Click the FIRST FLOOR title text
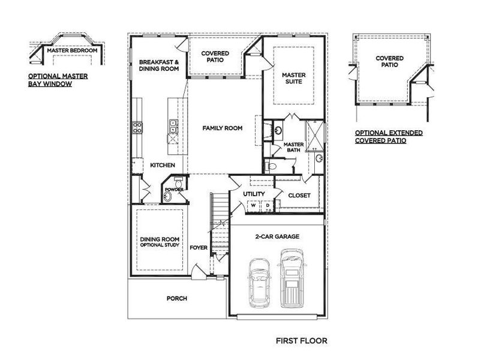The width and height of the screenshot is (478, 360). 301,341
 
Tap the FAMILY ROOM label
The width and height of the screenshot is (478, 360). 222,128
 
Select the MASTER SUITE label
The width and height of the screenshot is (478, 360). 294,79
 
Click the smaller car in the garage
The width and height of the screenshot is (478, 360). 259,281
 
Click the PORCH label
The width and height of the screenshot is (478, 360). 177,298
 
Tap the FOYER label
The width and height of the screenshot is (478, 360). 198,247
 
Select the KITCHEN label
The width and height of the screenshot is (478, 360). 162,165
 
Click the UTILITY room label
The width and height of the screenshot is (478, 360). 254,194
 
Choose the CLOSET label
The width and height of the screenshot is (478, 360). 299,195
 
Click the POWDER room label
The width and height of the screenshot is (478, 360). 175,190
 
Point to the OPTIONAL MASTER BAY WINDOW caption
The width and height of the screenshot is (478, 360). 50,80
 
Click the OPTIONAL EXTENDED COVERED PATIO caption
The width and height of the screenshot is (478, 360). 389,136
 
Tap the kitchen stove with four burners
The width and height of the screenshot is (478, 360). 137,127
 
